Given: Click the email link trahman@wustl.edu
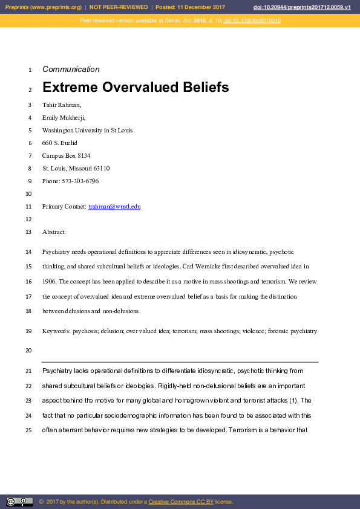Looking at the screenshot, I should click(114, 207).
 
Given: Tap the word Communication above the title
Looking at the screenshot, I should click(71, 70).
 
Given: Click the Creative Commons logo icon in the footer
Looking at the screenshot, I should click(19, 501).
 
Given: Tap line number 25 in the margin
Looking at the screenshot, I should click(29, 430).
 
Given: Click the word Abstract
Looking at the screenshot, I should click(54, 232).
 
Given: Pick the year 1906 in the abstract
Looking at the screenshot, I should click(50, 282).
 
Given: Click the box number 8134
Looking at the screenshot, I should click(82, 156).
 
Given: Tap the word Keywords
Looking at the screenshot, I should click(56, 331).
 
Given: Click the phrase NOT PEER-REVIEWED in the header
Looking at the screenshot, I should click(120, 7).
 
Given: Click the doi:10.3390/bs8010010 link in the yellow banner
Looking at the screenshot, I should click(252, 21).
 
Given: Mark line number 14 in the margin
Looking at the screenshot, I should click(29, 251).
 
